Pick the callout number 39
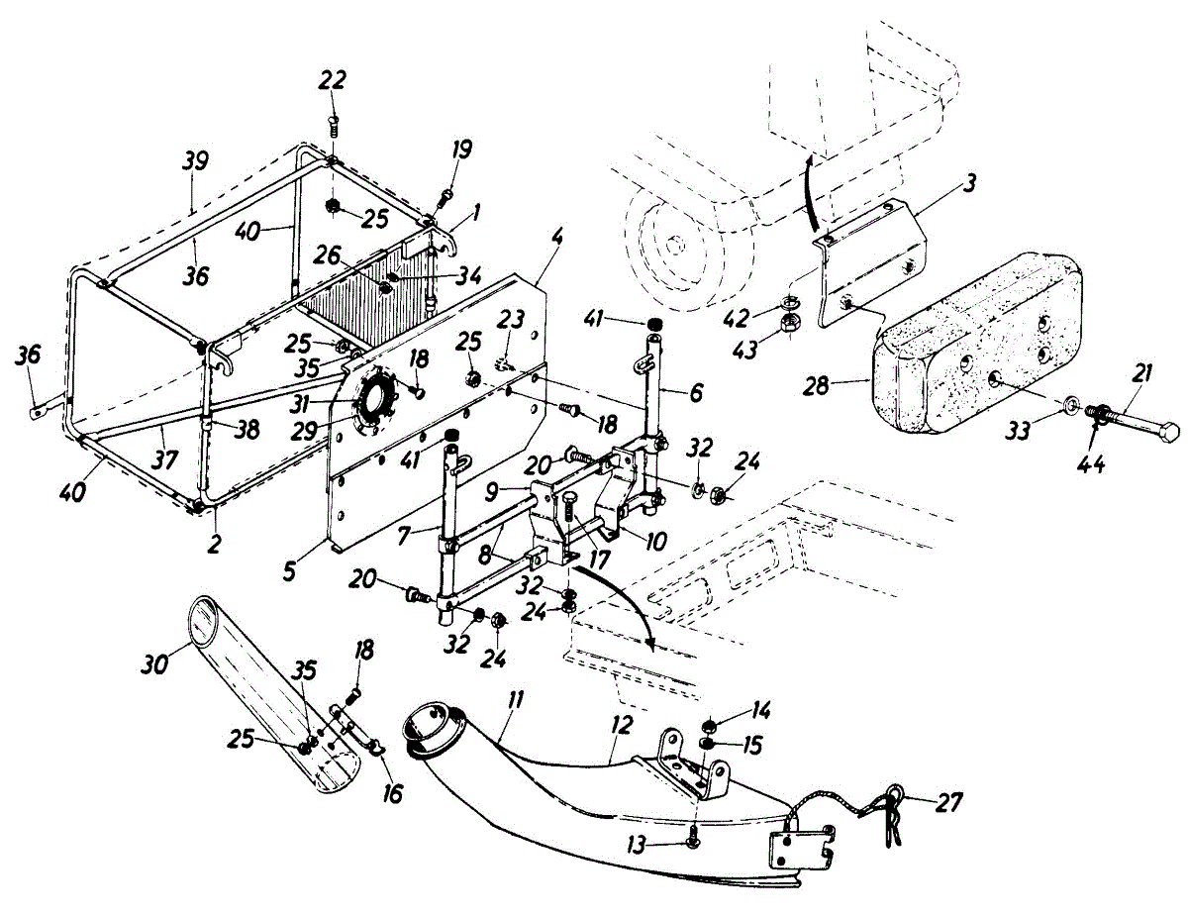(196, 161)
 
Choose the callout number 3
(971, 183)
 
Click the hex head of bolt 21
(1167, 432)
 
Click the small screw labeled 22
(334, 124)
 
